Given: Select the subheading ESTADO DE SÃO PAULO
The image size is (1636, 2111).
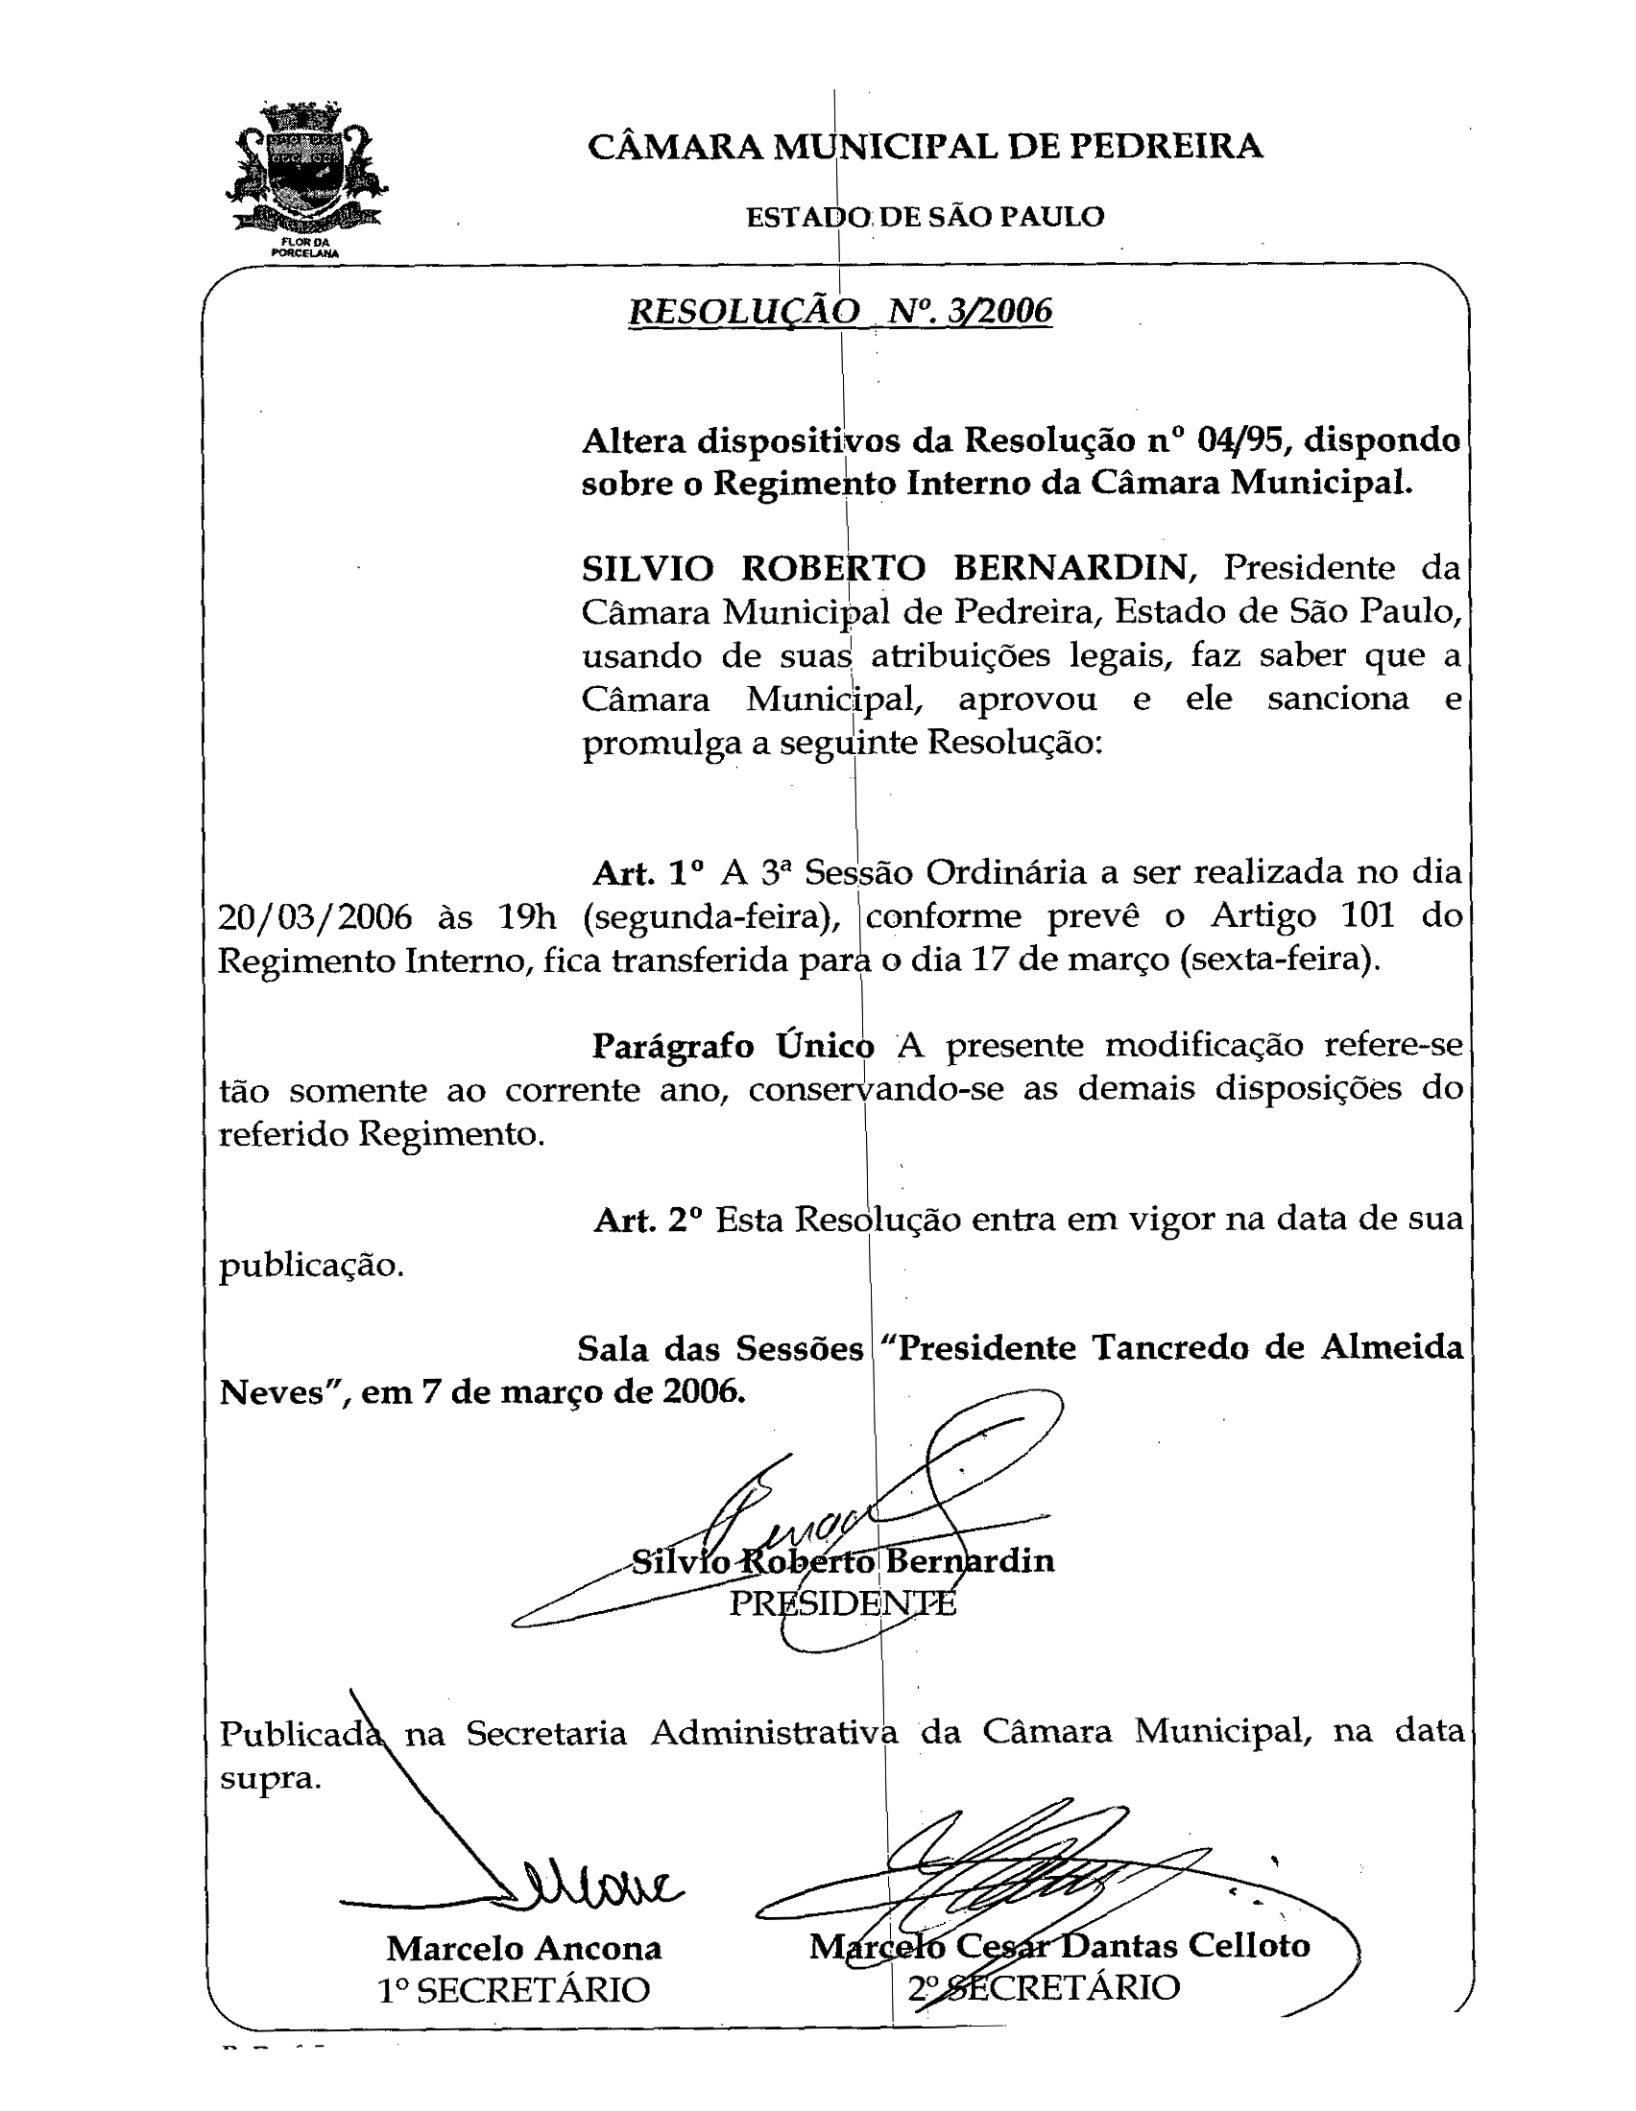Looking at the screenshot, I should tap(925, 217).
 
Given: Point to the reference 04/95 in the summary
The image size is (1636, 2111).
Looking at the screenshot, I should tap(1239, 440).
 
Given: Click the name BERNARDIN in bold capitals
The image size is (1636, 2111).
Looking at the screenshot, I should tap(1071, 568).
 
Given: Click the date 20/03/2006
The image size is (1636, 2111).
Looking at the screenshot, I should tap(314, 916).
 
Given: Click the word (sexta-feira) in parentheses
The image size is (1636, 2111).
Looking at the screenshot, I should tap(1278, 961).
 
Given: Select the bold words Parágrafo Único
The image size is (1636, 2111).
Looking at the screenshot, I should tap(732, 1047).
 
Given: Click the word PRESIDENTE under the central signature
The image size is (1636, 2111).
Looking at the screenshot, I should tap(842, 1603).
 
